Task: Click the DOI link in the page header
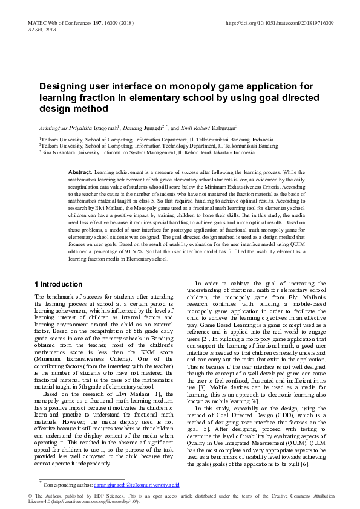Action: pos(279,22)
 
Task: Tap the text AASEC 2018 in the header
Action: pos(42,29)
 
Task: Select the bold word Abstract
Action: pos(80,172)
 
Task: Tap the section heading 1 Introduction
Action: pos(59,284)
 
